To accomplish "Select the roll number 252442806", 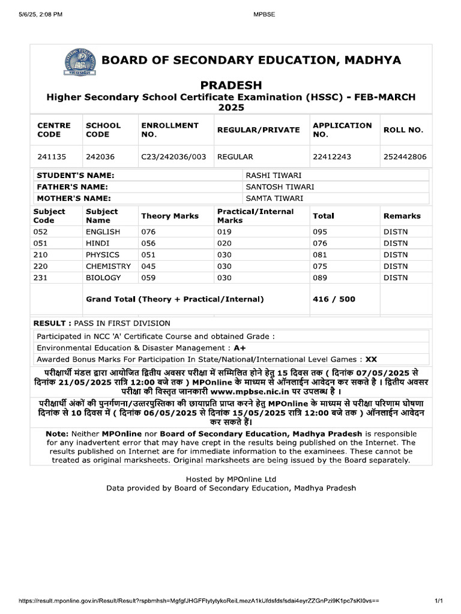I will point(405,157).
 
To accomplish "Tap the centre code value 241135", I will point(52,157).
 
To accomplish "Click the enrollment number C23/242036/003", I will point(173,157).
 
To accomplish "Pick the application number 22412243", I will point(332,157).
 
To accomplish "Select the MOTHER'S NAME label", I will point(74,198).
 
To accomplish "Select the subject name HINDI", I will point(99,243).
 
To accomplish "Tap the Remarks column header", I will point(402,216).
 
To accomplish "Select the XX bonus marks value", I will point(371,359).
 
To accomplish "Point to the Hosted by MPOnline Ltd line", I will point(231,478).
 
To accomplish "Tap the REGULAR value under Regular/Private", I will point(235,157).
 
